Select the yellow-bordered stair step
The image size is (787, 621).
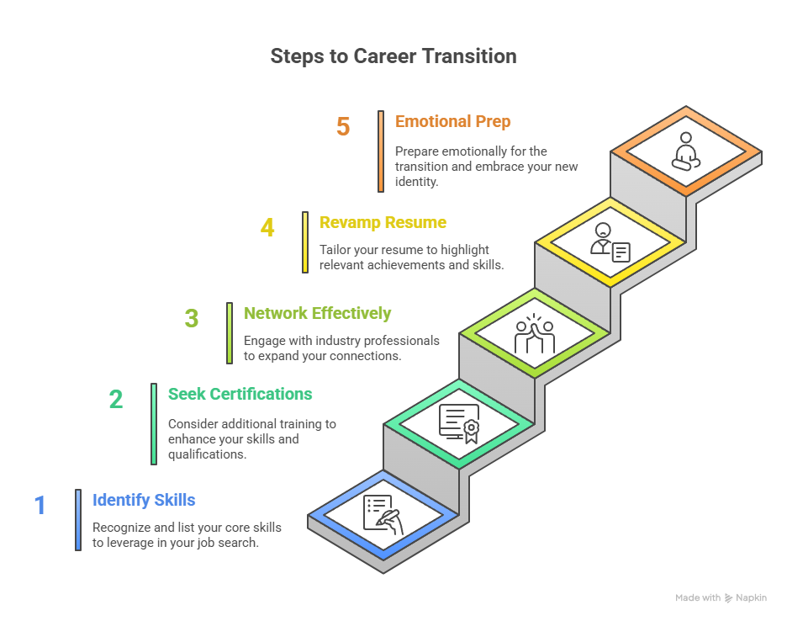[610, 242]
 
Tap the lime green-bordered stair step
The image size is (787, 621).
[535, 333]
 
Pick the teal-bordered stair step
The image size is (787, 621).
[459, 423]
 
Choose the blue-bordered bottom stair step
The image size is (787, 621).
[383, 514]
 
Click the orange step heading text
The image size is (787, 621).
[452, 129]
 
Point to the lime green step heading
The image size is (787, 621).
[316, 320]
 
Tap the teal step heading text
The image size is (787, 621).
[240, 394]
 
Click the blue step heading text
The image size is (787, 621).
[144, 502]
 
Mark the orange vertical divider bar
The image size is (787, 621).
[380, 151]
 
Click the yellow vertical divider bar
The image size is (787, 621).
[304, 242]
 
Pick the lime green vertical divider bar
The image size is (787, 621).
[229, 333]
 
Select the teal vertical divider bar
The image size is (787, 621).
[153, 423]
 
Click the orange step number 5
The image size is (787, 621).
[342, 126]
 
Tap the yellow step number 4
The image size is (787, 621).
[268, 230]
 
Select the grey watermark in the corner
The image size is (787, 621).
[721, 605]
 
